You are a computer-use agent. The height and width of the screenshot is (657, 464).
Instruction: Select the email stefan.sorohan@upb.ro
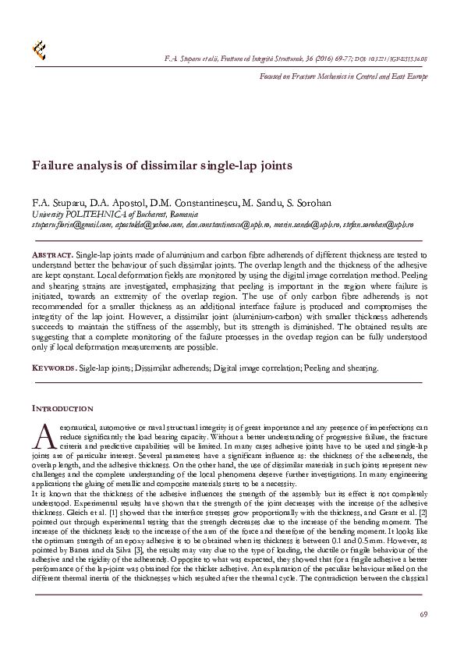click(x=377, y=224)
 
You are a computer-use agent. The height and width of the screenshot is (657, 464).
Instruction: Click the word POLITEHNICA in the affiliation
click(x=97, y=214)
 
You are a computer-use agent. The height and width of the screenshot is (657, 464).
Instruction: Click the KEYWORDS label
click(x=53, y=368)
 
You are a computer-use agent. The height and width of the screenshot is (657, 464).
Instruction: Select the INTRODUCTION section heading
click(x=62, y=408)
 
